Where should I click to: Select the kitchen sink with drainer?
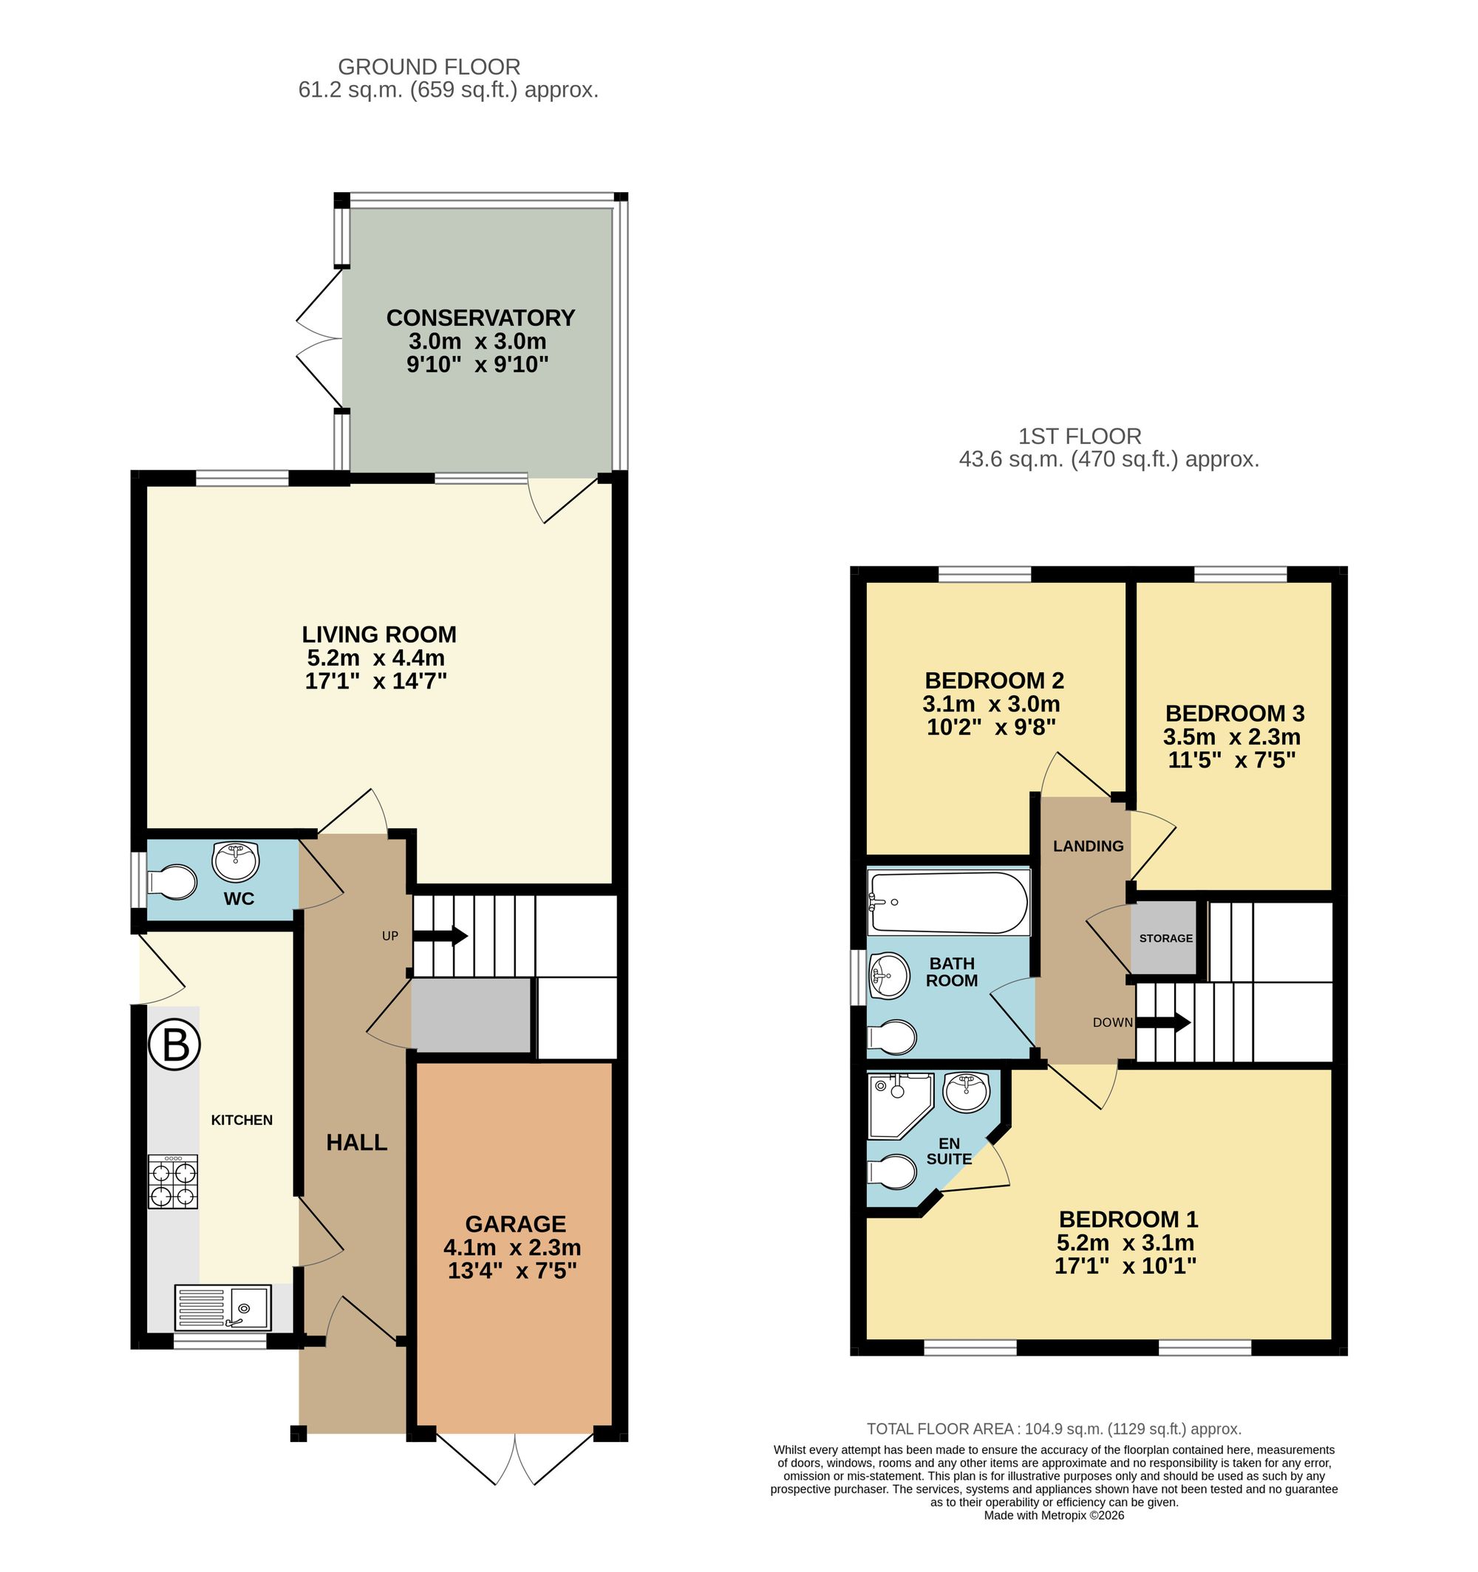222,1308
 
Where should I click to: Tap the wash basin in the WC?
236,861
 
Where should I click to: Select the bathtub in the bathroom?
948,902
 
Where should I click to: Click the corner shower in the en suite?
897,1104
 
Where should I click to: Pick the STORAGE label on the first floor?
1165,939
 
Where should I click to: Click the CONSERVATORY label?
480,318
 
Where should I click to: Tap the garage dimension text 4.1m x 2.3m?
512,1248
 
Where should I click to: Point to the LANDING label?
1088,846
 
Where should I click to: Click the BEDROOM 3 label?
1234,714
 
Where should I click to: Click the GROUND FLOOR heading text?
429,67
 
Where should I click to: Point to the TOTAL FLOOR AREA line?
1054,1429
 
